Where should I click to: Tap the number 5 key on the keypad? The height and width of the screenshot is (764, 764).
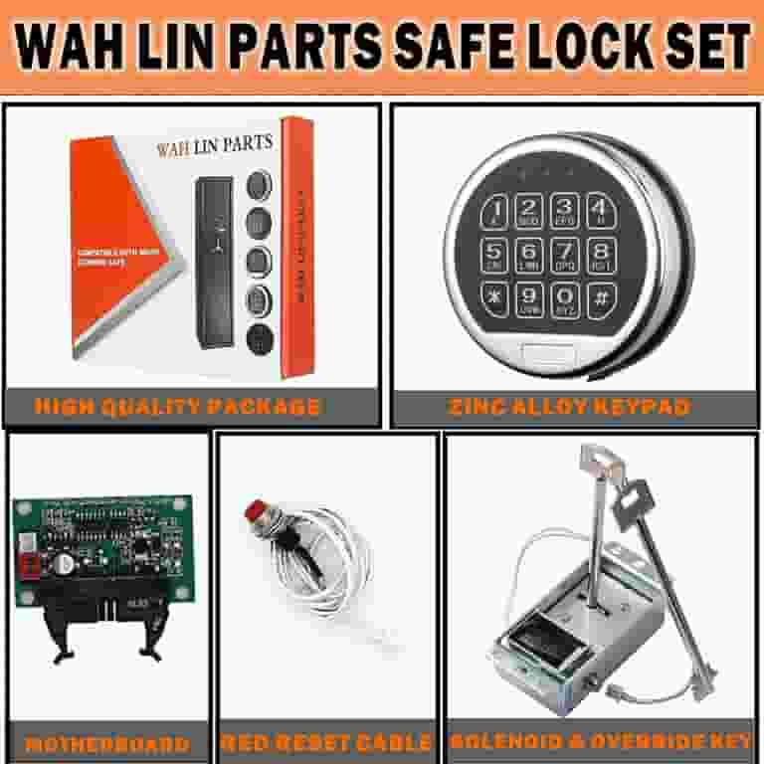point(496,253)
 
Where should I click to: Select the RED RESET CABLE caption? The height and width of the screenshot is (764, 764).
point(326,743)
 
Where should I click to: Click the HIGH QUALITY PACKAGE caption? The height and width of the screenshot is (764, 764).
point(177,406)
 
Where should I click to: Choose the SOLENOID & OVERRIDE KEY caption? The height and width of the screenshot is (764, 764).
point(600,743)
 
